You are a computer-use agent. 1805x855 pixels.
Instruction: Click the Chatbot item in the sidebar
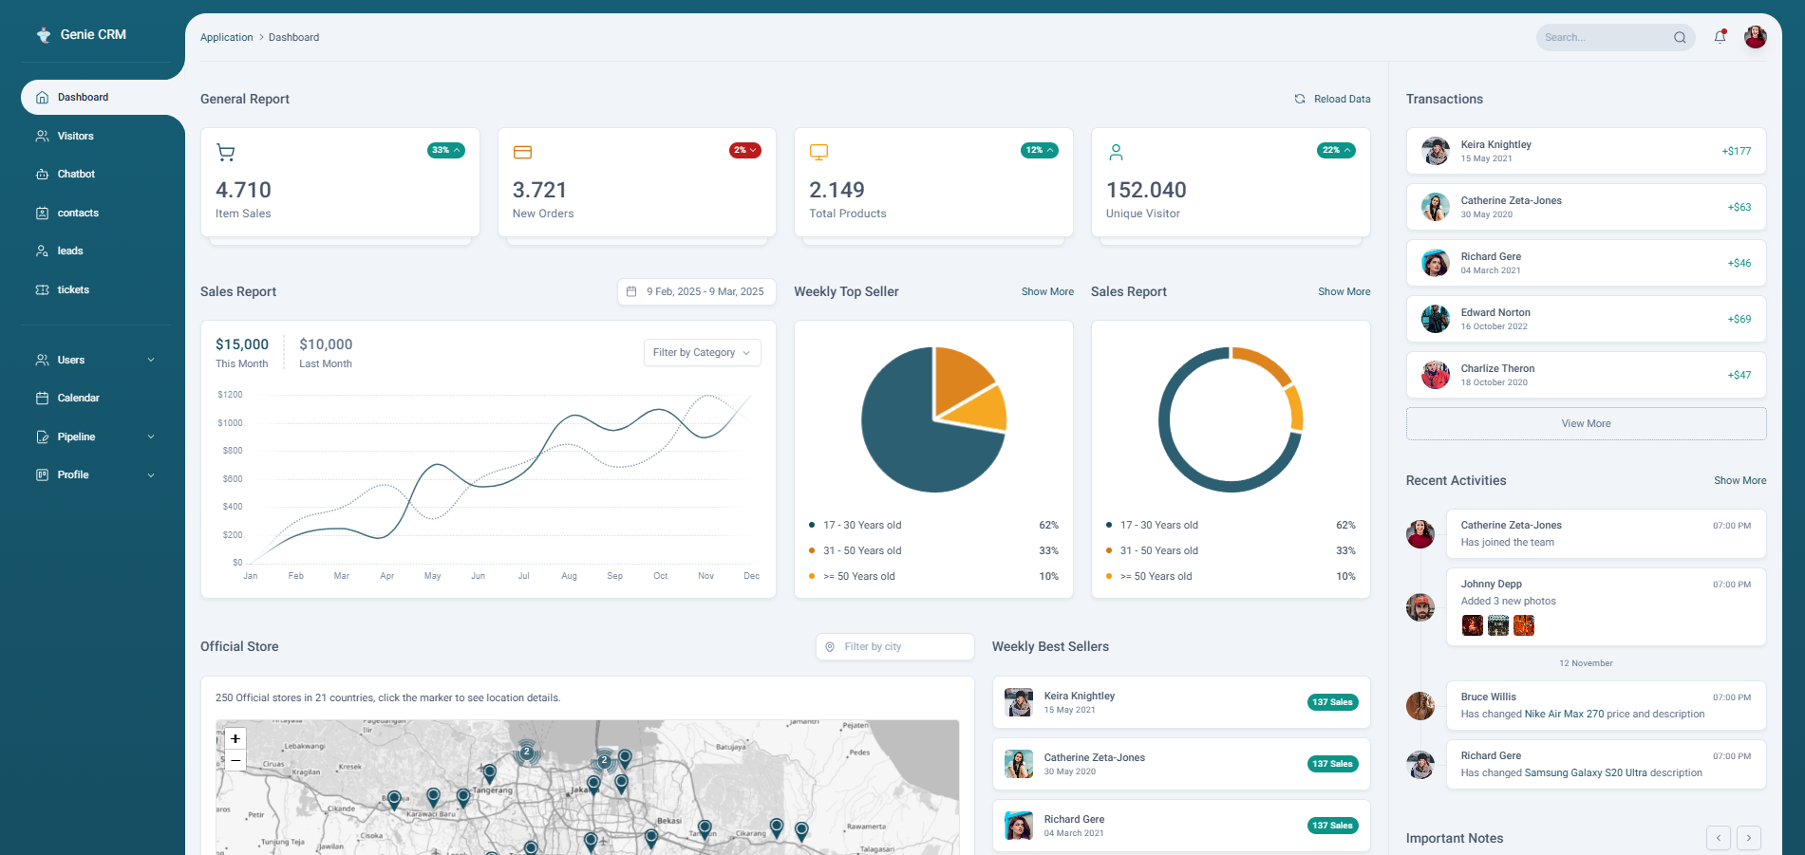pyautogui.click(x=76, y=175)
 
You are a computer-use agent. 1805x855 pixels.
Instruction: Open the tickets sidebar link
pyautogui.click(x=73, y=290)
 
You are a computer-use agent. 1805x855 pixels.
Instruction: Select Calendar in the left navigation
pyautogui.click(x=78, y=399)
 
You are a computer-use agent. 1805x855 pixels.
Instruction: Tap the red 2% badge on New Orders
pyautogui.click(x=744, y=151)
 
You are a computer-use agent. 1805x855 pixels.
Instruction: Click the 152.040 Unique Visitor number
pyautogui.click(x=1146, y=191)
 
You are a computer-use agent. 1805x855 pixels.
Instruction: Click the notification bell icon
pyautogui.click(x=1720, y=38)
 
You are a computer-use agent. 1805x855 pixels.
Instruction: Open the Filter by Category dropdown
pyautogui.click(x=702, y=353)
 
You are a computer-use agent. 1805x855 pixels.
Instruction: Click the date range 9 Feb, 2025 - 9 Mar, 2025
pyautogui.click(x=697, y=292)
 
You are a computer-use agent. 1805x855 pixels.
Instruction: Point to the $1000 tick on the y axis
pyautogui.click(x=230, y=423)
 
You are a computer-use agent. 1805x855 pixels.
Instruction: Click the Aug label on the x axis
pyautogui.click(x=569, y=576)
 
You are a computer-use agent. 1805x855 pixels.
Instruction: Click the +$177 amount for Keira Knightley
pyautogui.click(x=1737, y=152)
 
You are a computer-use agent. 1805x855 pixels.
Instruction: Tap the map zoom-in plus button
pyautogui.click(x=235, y=739)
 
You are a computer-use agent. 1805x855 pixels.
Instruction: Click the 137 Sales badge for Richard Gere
pyautogui.click(x=1332, y=826)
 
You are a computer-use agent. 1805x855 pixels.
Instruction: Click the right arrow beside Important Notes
pyautogui.click(x=1748, y=838)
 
